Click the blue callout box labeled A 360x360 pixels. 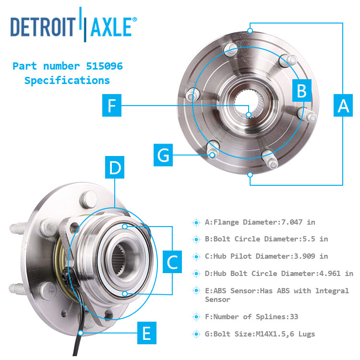point(343,105)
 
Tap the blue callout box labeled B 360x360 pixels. point(301,91)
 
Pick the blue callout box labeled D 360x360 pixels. point(115,168)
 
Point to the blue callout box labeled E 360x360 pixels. point(147,333)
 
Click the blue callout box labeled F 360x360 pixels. point(112,106)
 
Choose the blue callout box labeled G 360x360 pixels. point(164,155)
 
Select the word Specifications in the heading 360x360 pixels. point(67,80)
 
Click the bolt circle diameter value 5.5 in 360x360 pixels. point(317,239)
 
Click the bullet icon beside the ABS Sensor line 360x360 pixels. point(196,291)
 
